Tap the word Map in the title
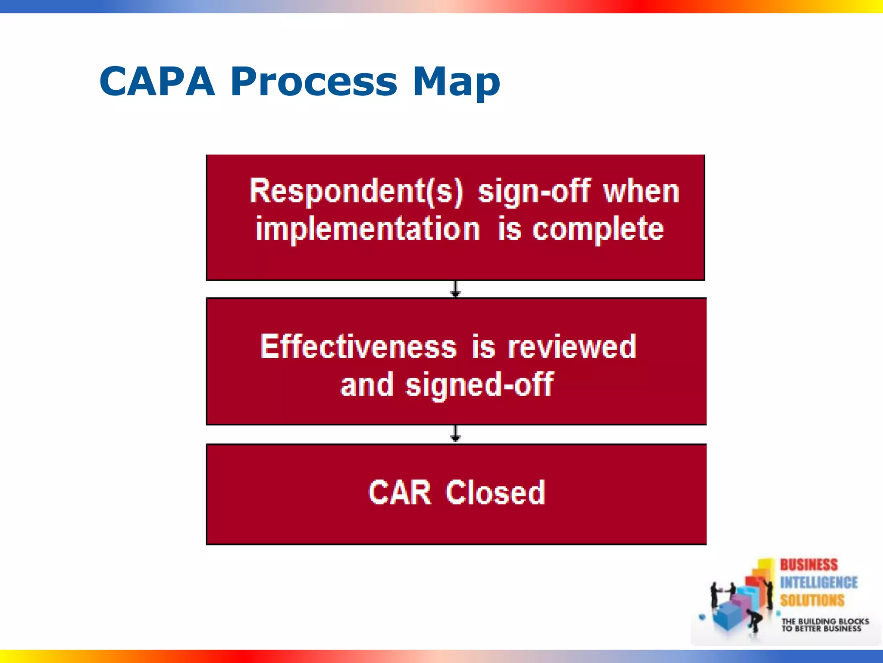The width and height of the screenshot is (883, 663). pos(456,82)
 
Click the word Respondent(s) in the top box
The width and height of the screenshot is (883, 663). pos(356,191)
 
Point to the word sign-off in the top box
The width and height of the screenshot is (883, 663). pos(534,191)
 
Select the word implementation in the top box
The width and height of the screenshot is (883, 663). pos(367,229)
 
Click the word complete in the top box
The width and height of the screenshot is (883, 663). pos(598,229)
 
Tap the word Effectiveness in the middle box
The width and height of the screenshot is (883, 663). pos(359,347)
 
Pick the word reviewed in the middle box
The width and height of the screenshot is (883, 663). pos(572,347)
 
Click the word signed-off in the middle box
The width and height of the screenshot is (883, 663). pos(479,385)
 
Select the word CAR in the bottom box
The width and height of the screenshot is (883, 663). pos(400,493)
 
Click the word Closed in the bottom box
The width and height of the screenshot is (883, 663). pos(495,493)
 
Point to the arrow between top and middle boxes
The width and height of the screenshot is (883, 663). pos(455,289)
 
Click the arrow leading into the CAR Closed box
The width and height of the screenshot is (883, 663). pos(455,434)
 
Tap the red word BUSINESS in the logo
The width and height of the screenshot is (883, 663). pos(808,565)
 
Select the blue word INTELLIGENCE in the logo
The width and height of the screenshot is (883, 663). pos(818,582)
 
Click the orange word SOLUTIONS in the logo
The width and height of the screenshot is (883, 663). pos(812,600)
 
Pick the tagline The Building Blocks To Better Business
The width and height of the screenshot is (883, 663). pos(825,625)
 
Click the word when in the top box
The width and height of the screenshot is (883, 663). pos(641,191)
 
